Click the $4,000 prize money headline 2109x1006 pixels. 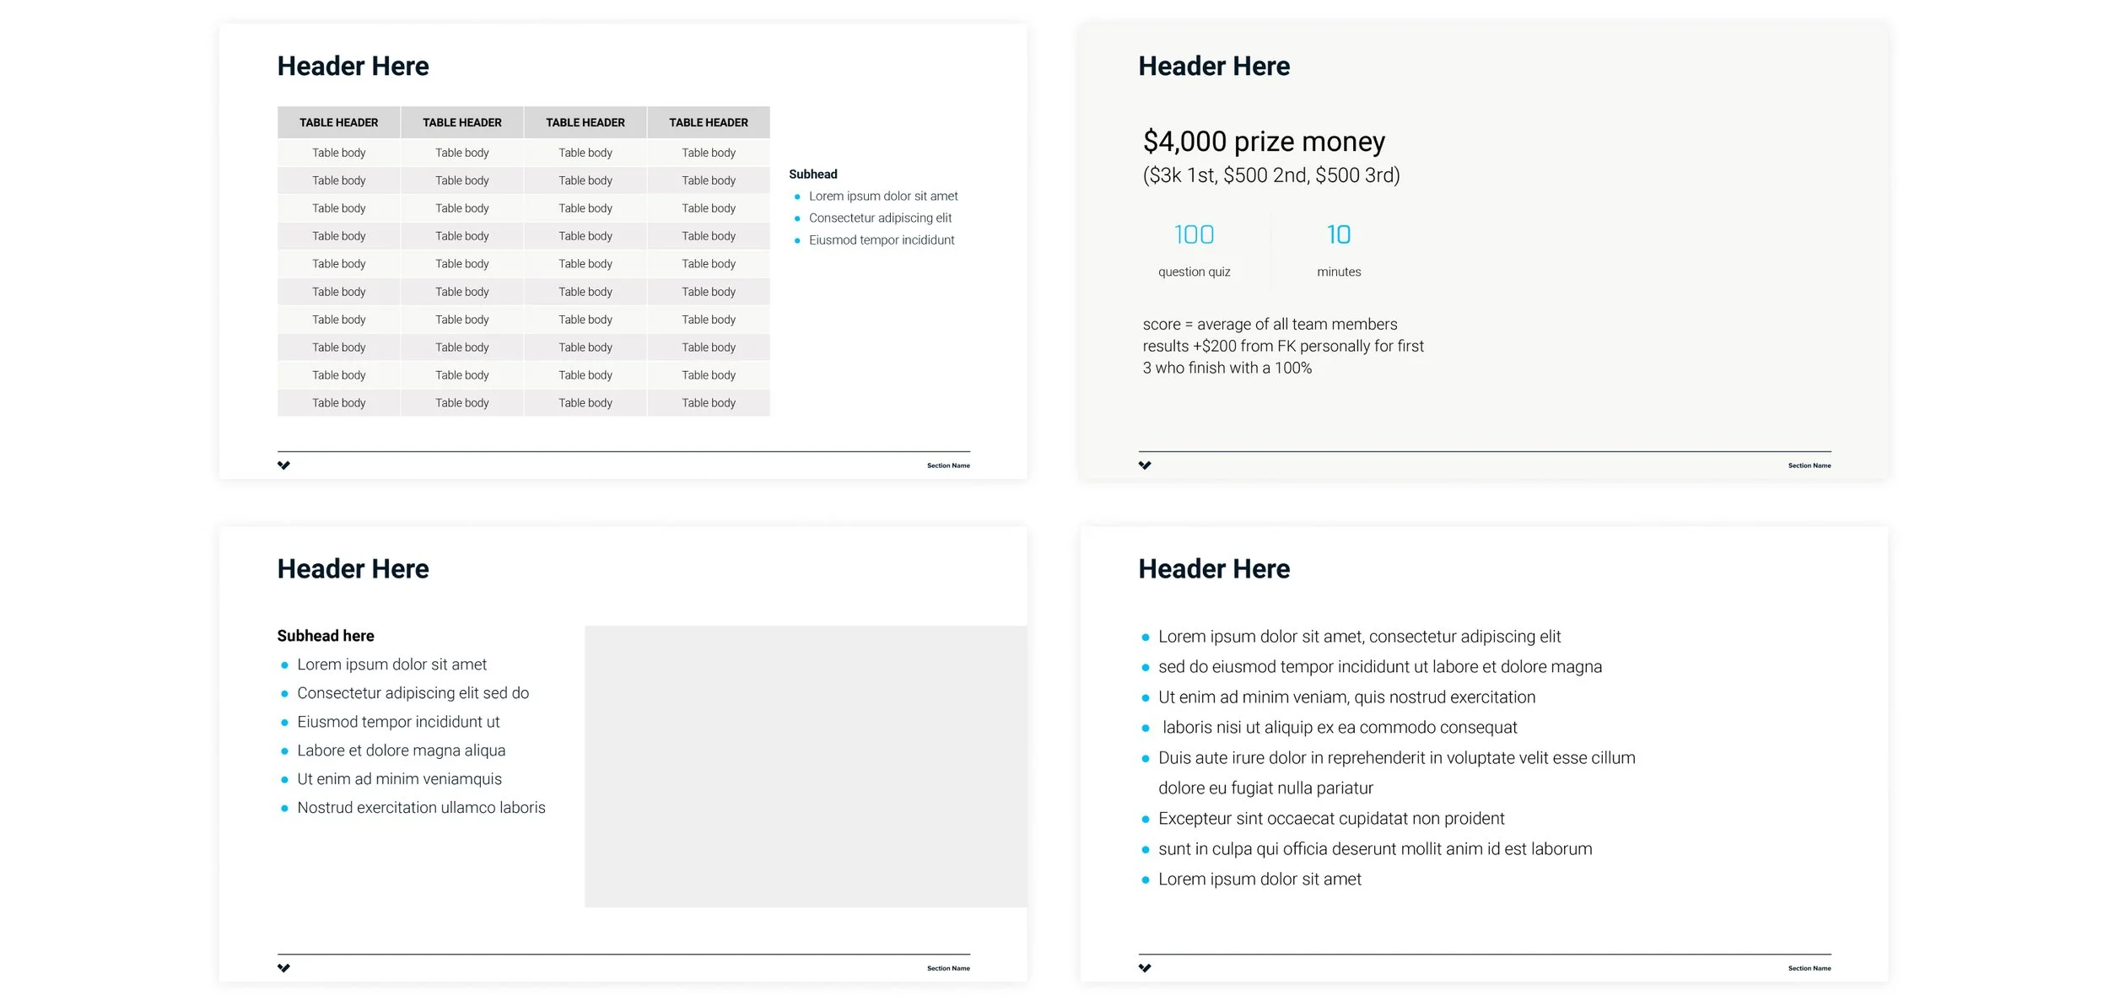[1264, 142]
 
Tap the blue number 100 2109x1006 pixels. [1194, 234]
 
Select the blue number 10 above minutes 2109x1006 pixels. [1339, 234]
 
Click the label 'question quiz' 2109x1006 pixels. [1194, 272]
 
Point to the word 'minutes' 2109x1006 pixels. [1339, 272]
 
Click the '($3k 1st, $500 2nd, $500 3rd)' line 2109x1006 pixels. [1271, 175]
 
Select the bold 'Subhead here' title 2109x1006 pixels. [326, 636]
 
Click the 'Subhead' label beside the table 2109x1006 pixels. [813, 175]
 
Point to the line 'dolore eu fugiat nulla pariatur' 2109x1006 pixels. [1265, 788]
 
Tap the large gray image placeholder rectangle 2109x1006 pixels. [806, 767]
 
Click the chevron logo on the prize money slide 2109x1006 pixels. [1145, 465]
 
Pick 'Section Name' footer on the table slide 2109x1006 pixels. [948, 465]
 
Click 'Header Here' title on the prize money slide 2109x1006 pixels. [1214, 66]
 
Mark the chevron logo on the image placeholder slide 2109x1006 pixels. [283, 968]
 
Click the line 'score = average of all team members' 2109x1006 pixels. [1270, 325]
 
